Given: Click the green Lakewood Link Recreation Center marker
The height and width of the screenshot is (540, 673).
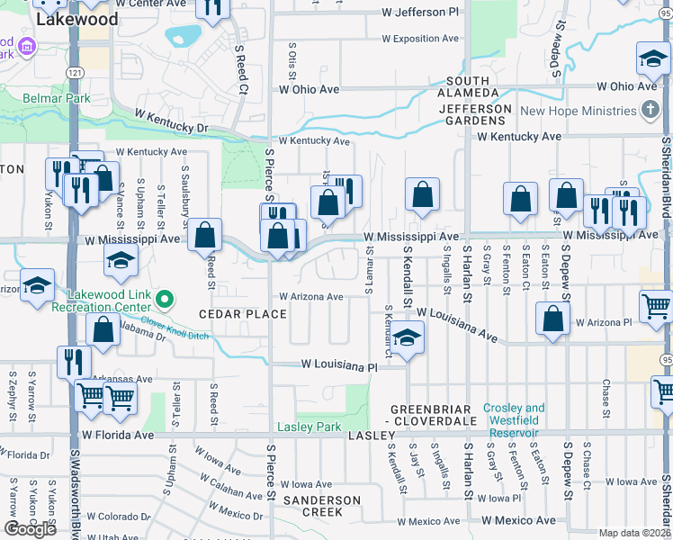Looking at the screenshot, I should (164, 299).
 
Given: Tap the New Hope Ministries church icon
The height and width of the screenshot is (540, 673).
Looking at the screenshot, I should (650, 112).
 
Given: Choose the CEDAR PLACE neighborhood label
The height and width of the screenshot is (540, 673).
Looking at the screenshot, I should (243, 314).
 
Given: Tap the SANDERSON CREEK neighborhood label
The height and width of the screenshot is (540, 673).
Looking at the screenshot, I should (321, 506).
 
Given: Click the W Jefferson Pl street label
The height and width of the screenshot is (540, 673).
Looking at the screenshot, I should (425, 13).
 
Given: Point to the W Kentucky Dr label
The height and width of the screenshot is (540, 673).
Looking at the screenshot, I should (171, 121).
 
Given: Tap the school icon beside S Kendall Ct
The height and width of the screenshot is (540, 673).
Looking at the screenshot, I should (408, 338).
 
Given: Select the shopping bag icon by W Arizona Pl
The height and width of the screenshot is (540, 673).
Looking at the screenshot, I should (552, 319).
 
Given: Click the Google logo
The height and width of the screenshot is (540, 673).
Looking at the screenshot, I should (31, 528).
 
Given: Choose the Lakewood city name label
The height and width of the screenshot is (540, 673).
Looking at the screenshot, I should (76, 19).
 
